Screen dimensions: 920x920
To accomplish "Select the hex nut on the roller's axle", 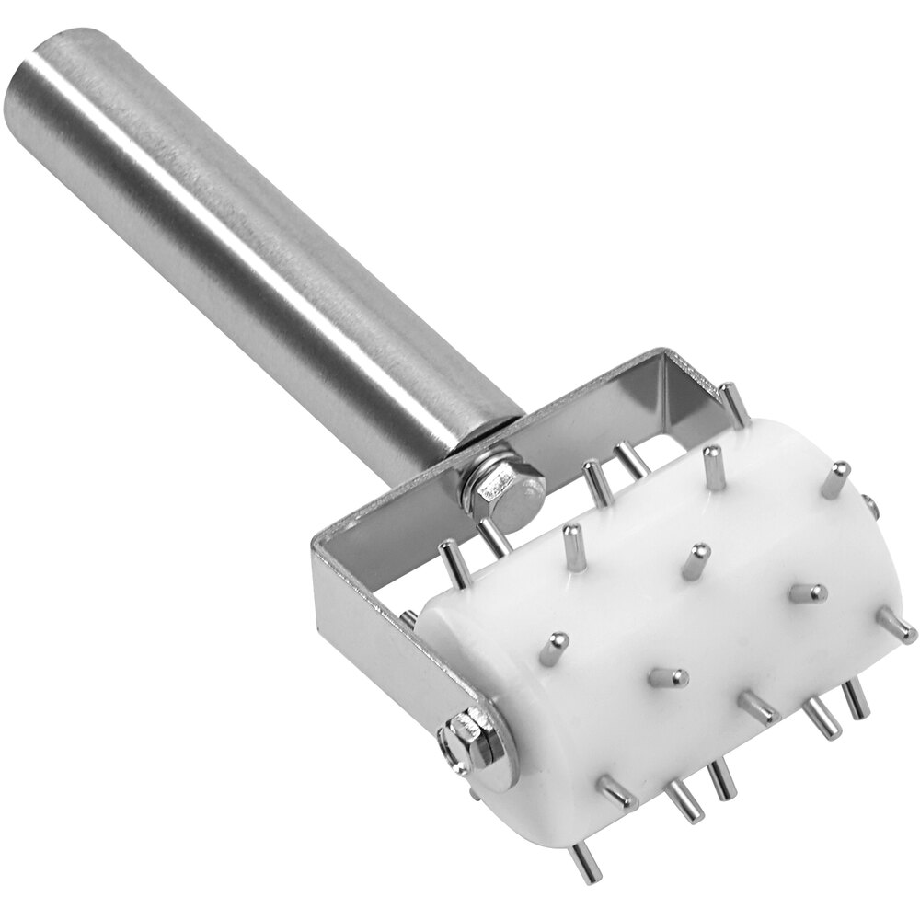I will click(471, 743).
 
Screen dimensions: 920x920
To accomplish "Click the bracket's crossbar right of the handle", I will click(598, 405).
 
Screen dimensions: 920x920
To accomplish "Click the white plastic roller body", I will click(644, 626).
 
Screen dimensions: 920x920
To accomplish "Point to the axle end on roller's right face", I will click(869, 504).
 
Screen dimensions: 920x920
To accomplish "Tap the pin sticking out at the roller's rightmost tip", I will click(897, 627).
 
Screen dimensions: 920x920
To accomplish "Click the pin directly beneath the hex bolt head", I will click(492, 539).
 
